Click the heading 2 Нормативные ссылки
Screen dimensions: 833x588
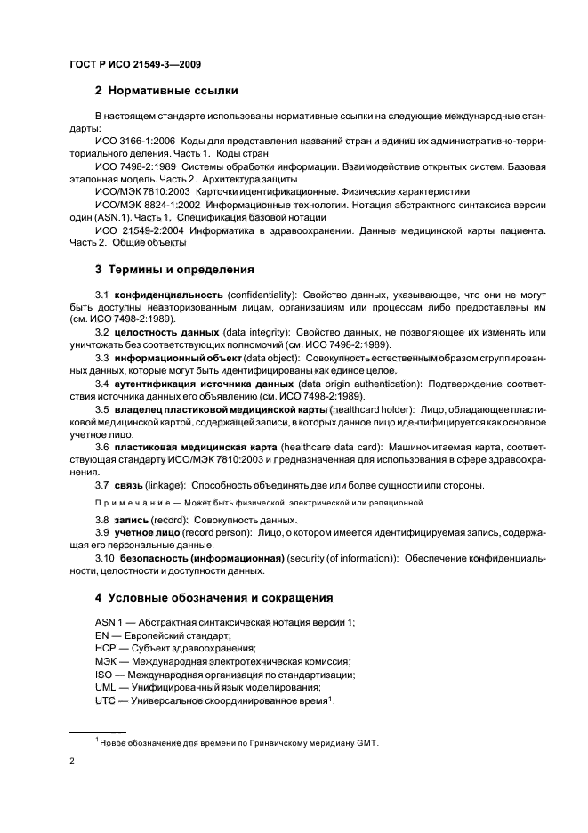[x=166, y=89]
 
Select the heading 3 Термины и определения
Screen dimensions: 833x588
[x=173, y=268]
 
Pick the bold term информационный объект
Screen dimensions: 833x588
[x=181, y=358]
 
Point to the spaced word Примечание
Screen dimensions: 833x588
[x=132, y=503]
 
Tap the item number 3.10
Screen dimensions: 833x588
[x=105, y=557]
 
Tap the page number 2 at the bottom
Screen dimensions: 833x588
[x=72, y=761]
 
